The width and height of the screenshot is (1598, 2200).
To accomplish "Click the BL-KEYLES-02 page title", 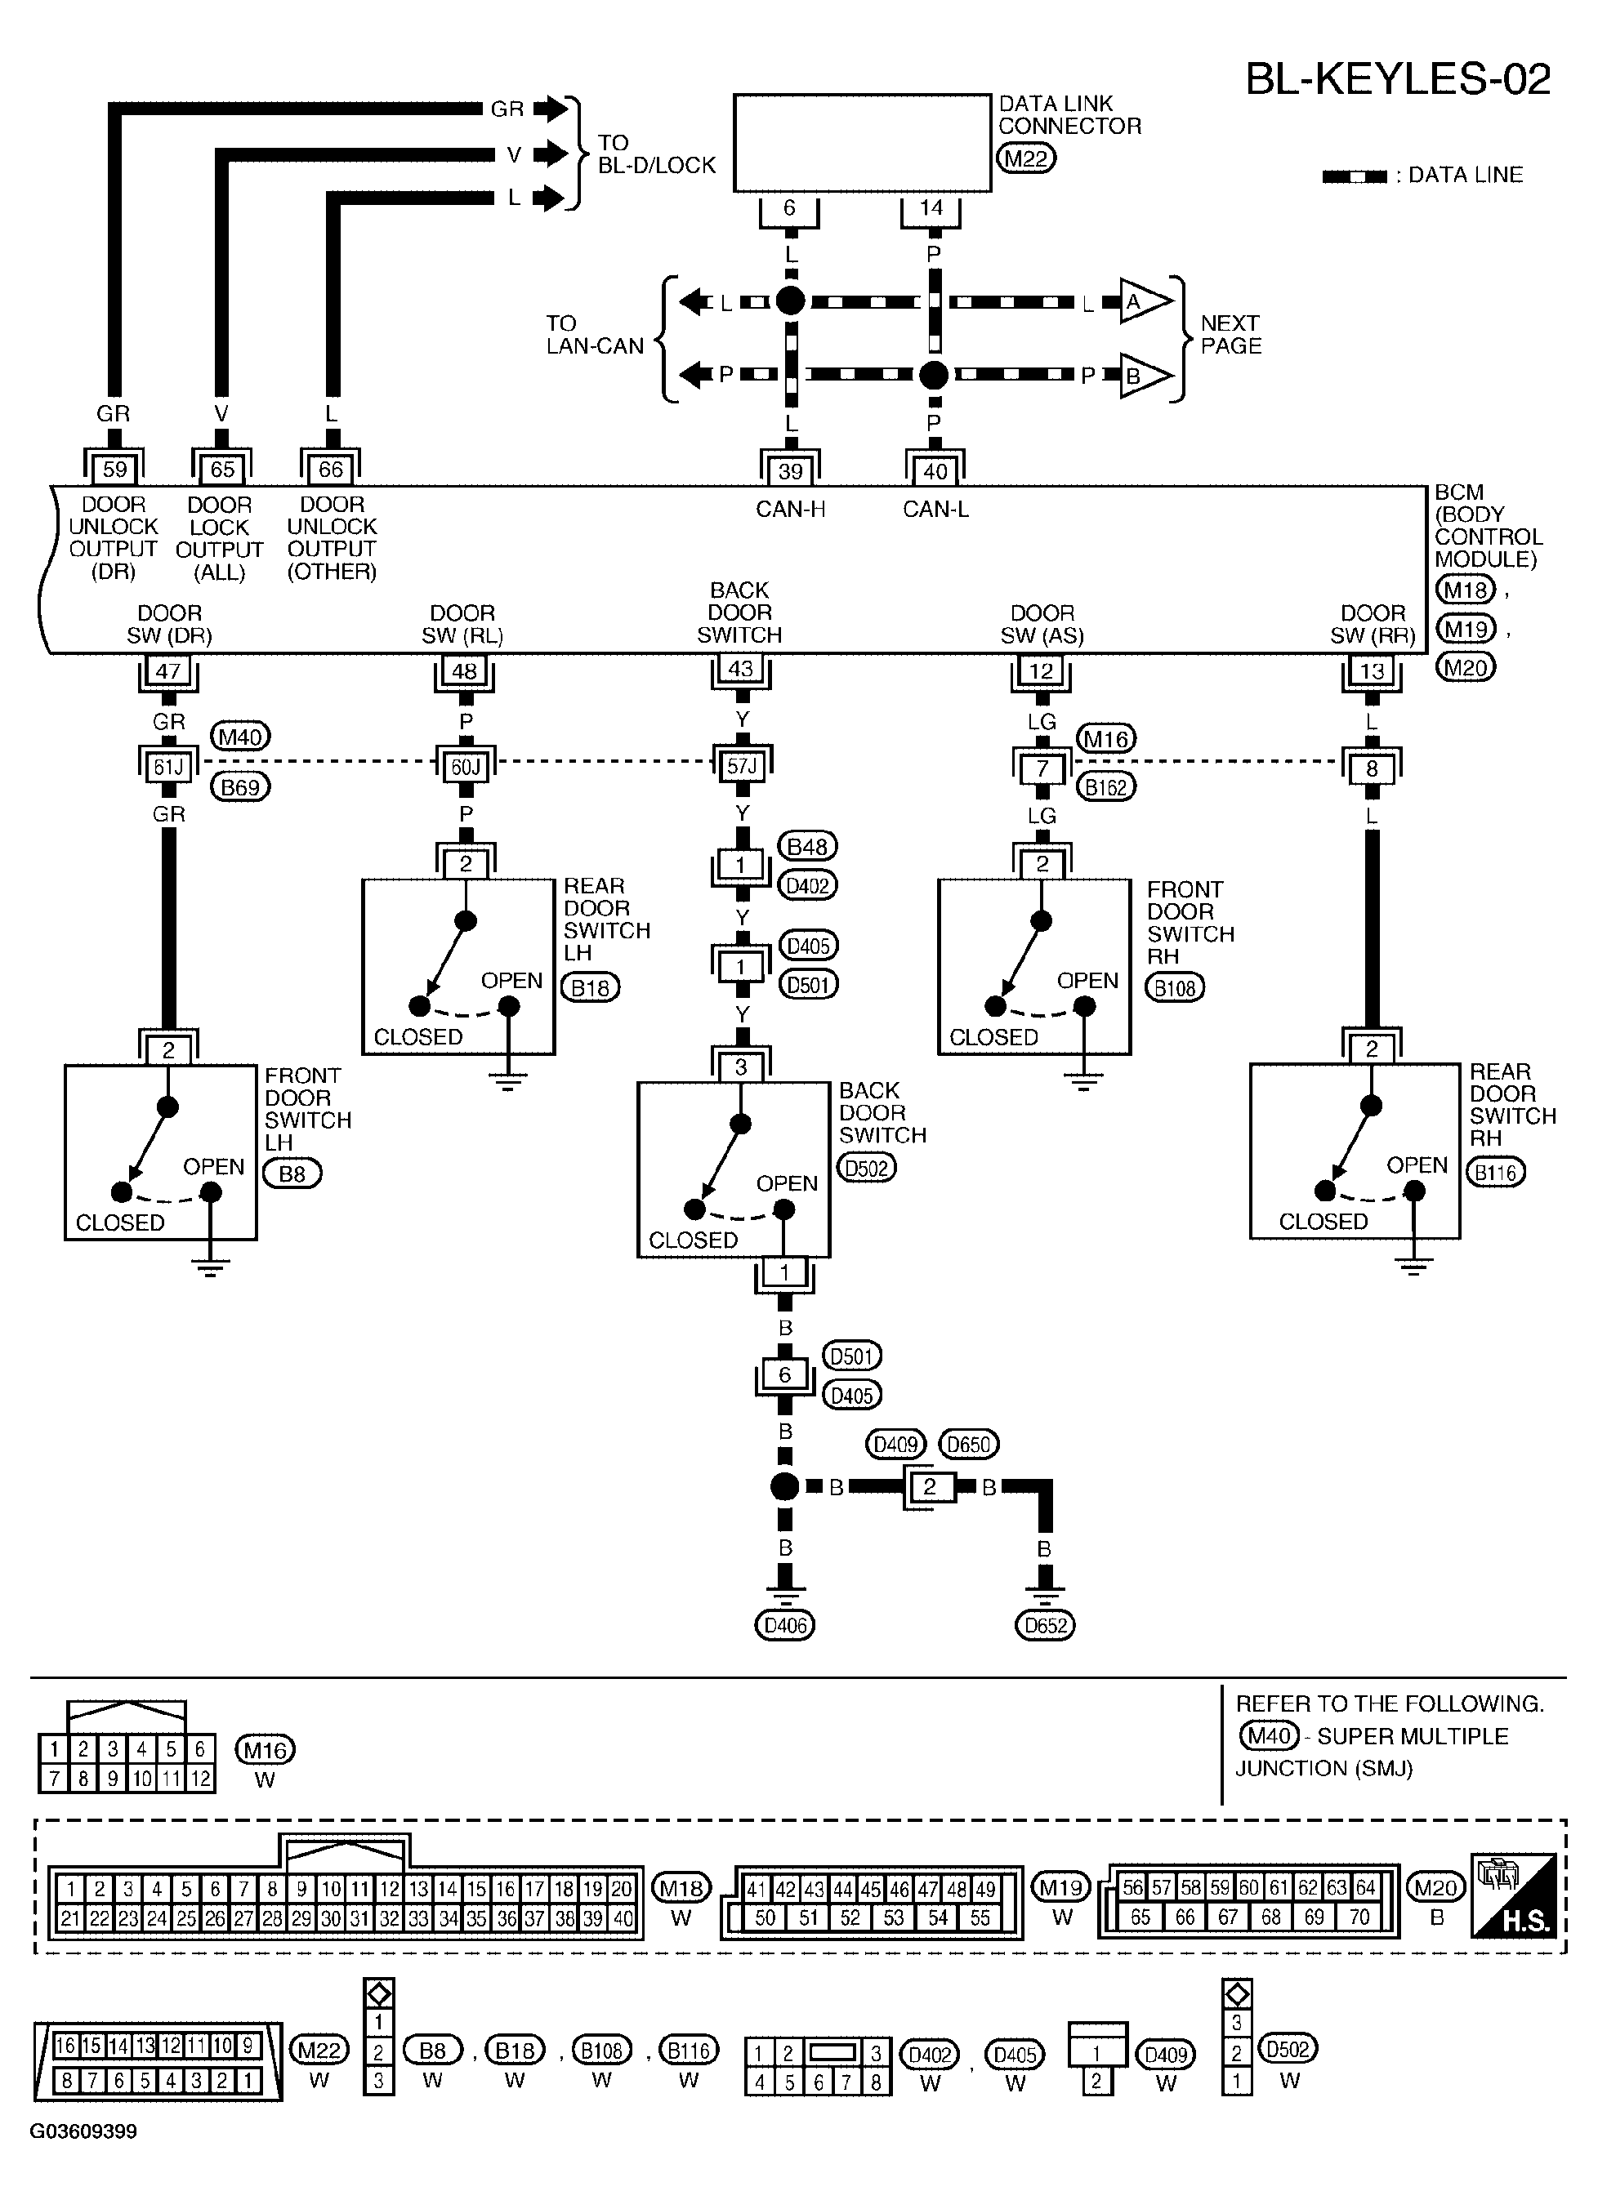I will point(1397,79).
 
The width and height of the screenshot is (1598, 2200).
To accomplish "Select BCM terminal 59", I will point(114,470).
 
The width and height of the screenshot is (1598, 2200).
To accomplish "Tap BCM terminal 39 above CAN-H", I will point(790,471).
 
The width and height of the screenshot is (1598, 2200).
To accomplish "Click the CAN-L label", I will point(935,510).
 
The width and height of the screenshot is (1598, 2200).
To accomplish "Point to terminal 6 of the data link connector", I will point(789,207).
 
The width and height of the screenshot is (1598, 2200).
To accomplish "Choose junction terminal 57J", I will point(741,766).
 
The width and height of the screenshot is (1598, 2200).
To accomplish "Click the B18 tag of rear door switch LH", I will point(590,988).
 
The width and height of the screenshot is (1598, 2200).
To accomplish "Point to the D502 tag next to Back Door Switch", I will point(867,1168).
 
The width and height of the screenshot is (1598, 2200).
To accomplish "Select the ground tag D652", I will point(1045,1625).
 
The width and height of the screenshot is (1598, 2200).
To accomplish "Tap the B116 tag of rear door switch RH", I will point(1495,1173).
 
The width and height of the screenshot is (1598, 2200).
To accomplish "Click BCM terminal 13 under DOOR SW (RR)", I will point(1371,670).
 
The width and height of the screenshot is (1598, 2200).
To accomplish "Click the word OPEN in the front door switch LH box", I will point(213,1167).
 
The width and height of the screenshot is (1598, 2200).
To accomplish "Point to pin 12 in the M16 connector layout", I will point(200,1778).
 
